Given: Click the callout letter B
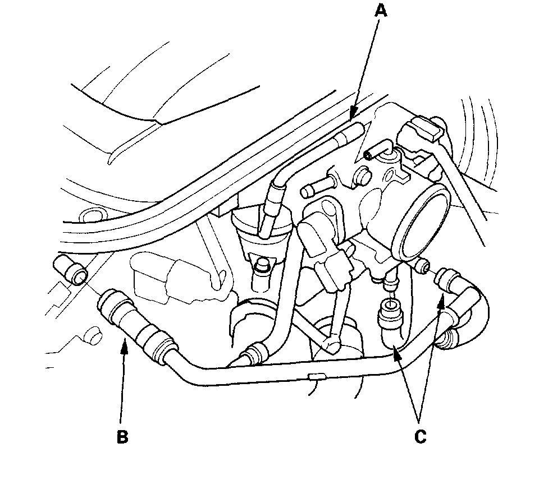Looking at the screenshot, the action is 122,437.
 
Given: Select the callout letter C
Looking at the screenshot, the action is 420,436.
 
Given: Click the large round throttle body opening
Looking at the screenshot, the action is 425,224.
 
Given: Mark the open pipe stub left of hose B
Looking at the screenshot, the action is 69,269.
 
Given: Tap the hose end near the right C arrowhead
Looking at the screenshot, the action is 450,278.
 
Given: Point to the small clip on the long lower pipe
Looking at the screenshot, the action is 316,376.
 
